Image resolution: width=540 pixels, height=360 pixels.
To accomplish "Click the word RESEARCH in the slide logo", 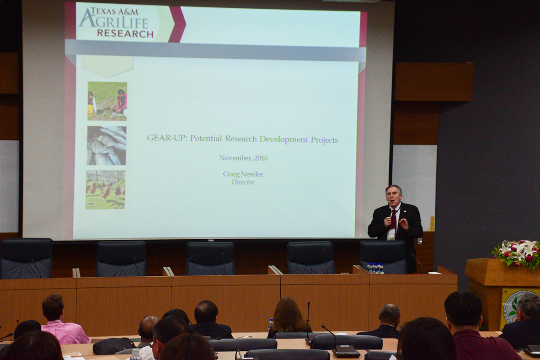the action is coord(125,33).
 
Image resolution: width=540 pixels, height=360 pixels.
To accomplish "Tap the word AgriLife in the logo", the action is coord(114,22).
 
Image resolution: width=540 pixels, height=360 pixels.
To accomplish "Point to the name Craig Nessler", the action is coord(243,174).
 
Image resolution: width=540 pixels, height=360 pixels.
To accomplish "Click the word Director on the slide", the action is coord(243,182).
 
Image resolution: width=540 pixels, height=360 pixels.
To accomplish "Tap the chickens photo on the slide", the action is coord(105,189).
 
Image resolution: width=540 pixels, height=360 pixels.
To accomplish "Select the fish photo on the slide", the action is coord(107,145).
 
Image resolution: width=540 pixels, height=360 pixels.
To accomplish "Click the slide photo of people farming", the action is coord(107,101).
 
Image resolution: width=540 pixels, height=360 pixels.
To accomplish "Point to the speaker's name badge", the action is coord(391,235).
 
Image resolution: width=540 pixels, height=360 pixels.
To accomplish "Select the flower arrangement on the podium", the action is coord(517,253).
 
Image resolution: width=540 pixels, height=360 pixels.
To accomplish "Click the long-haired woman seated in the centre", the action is coord(288,317).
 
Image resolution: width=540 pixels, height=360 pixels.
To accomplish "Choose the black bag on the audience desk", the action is coord(114,345).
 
